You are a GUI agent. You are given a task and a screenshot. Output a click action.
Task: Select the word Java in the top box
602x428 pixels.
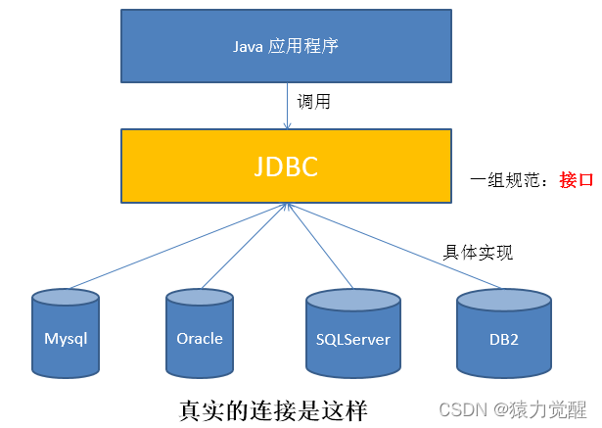pyautogui.click(x=248, y=46)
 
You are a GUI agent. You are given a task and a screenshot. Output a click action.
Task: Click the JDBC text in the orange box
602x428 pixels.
pyautogui.click(x=286, y=165)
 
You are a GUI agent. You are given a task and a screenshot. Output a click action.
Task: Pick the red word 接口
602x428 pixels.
pyautogui.click(x=577, y=180)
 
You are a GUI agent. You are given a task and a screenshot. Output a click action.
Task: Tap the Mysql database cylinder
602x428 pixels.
pyautogui.click(x=66, y=339)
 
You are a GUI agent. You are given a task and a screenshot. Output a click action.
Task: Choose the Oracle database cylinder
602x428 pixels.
pyautogui.click(x=200, y=339)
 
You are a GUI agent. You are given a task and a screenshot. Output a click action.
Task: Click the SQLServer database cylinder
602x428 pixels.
pyautogui.click(x=353, y=340)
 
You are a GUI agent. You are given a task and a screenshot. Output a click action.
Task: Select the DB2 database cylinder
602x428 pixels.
pyautogui.click(x=505, y=339)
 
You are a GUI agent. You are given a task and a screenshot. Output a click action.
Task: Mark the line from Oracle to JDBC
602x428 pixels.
pyautogui.click(x=245, y=245)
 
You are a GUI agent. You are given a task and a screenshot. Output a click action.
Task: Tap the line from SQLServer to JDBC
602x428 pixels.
pyautogui.click(x=318, y=245)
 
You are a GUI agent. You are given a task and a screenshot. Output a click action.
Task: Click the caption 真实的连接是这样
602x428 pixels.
pyautogui.click(x=273, y=406)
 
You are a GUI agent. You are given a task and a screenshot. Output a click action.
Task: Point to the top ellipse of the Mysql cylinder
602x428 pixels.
pyautogui.click(x=66, y=297)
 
